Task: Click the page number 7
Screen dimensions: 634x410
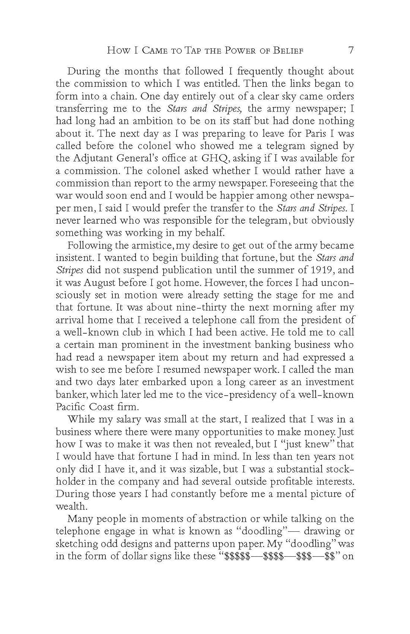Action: [x=350, y=50]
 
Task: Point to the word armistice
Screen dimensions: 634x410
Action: [x=146, y=246]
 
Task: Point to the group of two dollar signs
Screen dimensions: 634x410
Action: [x=329, y=556]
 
